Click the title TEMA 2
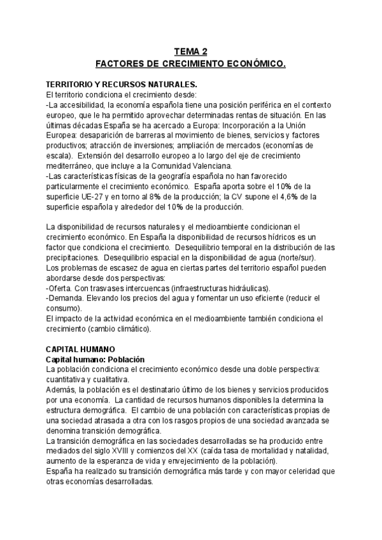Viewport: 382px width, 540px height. pos(190,53)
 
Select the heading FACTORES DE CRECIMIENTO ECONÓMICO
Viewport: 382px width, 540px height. pos(190,64)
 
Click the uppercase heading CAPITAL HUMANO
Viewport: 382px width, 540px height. pos(81,350)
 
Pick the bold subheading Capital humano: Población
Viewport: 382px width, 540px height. pos(96,360)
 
